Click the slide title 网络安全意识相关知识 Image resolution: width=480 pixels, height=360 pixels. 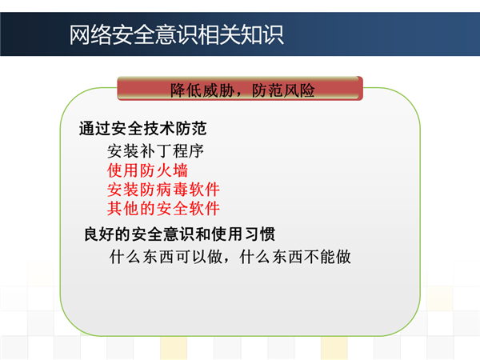point(176,35)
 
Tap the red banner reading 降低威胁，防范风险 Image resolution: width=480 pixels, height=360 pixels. point(240,89)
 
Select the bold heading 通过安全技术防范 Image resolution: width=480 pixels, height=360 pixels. point(142,128)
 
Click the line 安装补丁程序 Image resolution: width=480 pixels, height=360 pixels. point(155,151)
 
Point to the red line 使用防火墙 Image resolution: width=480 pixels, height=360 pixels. point(147,170)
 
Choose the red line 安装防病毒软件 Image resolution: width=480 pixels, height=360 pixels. point(163,190)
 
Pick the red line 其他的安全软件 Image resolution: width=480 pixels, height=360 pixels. point(163,209)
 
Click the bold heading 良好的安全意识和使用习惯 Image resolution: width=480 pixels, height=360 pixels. point(180,234)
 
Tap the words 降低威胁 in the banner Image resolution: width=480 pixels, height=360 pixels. point(202,90)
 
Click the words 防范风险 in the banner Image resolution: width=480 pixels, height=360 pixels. point(283,90)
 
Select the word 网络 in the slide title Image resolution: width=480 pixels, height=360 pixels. point(90,35)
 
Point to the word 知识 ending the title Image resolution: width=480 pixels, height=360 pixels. point(262,35)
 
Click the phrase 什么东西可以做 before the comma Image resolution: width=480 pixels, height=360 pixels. point(166,257)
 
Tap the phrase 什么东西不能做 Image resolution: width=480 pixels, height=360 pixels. point(295,257)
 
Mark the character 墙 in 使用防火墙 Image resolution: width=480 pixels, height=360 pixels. point(180,170)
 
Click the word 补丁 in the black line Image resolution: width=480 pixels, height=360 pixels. point(155,151)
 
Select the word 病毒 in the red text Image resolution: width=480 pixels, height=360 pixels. point(172,190)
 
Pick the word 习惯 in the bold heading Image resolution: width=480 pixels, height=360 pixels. point(260,234)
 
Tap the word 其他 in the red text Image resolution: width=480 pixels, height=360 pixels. point(123,209)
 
